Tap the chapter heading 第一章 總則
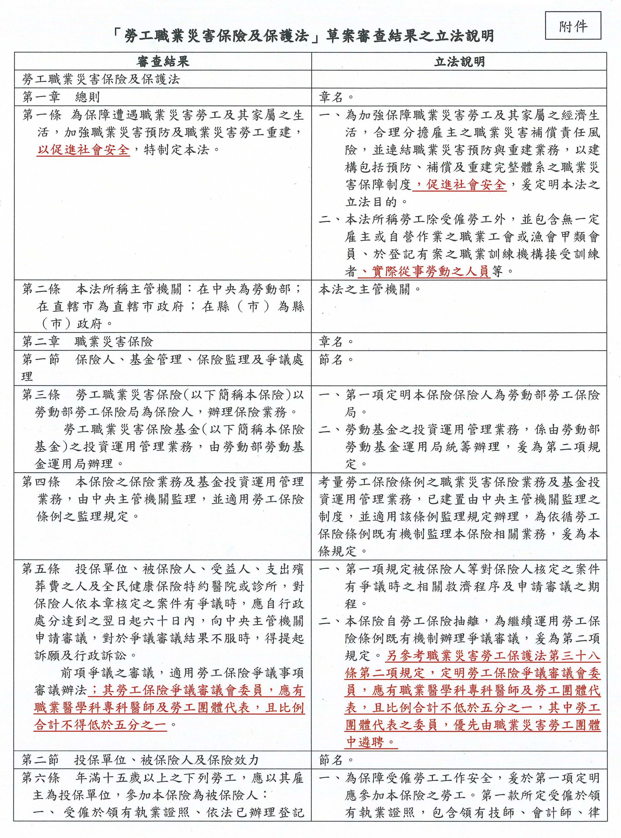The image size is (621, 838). click(x=61, y=97)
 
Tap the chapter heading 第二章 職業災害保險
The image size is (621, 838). click(x=87, y=342)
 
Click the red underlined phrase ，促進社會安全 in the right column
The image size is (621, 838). click(x=459, y=185)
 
